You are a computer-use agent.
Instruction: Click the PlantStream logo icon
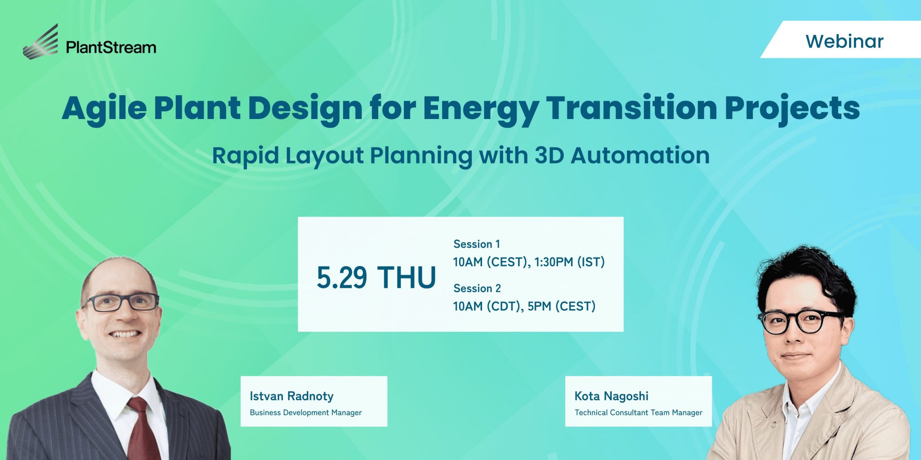point(41,42)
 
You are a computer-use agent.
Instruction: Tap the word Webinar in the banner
point(845,41)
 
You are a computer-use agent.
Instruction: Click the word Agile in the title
point(104,109)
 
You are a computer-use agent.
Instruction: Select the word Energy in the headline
point(481,109)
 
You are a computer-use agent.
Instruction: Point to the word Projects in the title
point(792,109)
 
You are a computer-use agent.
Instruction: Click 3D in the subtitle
point(549,155)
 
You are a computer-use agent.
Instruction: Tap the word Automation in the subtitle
point(640,155)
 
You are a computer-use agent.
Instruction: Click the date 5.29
point(342,277)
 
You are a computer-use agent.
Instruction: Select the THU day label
point(407,277)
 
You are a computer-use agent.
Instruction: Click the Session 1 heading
point(477,244)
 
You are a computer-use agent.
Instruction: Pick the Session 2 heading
point(477,288)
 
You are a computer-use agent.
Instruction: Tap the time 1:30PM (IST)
point(569,262)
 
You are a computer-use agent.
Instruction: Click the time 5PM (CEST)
point(562,306)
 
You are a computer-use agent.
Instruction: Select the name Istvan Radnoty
point(291,396)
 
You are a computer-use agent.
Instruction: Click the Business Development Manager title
point(306,412)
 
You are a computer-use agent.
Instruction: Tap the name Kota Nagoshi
point(612,396)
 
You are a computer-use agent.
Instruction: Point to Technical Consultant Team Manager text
point(639,412)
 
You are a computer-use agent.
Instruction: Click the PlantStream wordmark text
point(111,47)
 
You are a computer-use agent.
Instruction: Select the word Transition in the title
point(632,109)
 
